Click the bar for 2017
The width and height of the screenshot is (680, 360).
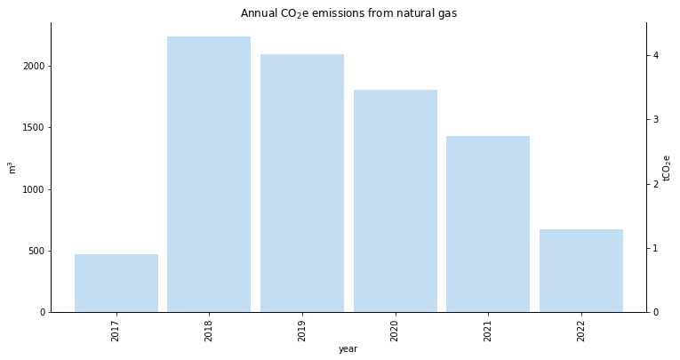pyautogui.click(x=116, y=283)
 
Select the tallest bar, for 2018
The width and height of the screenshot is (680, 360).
pyautogui.click(x=209, y=174)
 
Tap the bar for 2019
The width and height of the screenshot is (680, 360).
pyautogui.click(x=302, y=183)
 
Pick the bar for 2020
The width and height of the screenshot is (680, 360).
pyautogui.click(x=395, y=201)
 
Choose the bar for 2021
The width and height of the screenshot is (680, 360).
pyautogui.click(x=488, y=224)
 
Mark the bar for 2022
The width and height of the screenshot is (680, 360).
pyautogui.click(x=580, y=270)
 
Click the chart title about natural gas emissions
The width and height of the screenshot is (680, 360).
pyautogui.click(x=348, y=13)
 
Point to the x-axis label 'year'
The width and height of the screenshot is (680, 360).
pyautogui.click(x=348, y=349)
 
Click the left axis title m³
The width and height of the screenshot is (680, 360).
pyautogui.click(x=12, y=167)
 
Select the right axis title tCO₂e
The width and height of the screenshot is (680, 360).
pyautogui.click(x=667, y=167)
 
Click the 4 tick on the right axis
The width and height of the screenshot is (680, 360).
pyautogui.click(x=656, y=55)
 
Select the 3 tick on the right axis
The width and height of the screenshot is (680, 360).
pyautogui.click(x=656, y=119)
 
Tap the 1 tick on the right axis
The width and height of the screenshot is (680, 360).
pyautogui.click(x=656, y=248)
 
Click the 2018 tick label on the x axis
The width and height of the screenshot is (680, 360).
pyautogui.click(x=209, y=331)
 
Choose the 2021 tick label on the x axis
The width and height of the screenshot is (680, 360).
pyautogui.click(x=488, y=331)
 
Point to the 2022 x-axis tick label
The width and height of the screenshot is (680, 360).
pyautogui.click(x=580, y=331)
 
